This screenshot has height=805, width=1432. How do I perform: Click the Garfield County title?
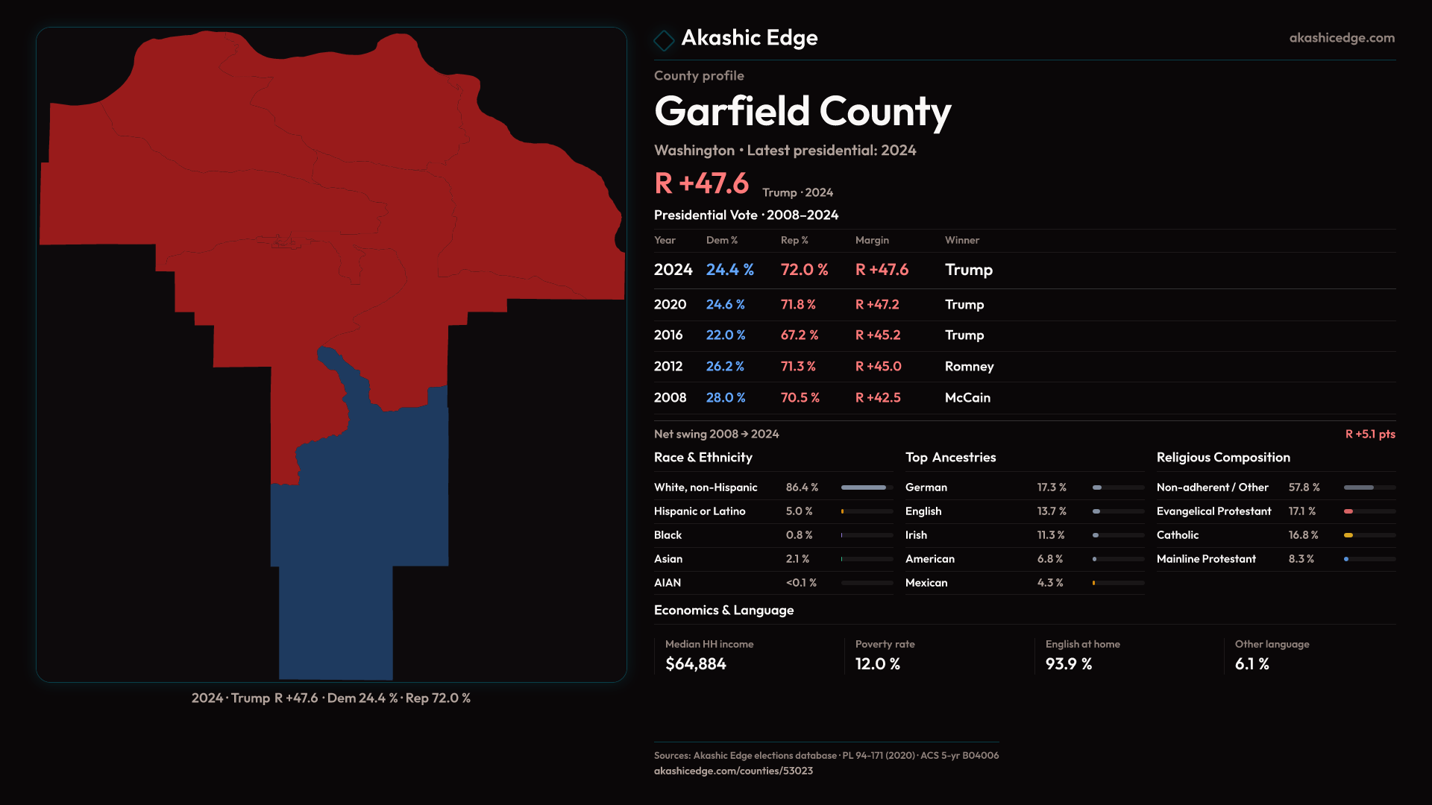pos(803,112)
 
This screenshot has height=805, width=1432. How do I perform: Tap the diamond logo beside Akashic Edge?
pos(663,40)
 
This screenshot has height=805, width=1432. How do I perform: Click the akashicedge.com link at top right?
pos(1341,38)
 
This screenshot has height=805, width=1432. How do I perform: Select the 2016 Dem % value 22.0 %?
pos(725,335)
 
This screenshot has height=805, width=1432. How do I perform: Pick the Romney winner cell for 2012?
pos(969,367)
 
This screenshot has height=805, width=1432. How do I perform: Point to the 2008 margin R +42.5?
pos(877,398)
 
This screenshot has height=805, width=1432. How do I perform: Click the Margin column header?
pos(872,240)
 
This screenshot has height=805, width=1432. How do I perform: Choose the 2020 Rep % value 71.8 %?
pos(797,305)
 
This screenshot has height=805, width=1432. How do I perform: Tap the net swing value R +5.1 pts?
pos(1369,434)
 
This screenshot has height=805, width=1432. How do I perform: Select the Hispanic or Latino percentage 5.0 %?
pos(799,511)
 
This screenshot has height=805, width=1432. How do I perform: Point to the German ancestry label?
pos(926,487)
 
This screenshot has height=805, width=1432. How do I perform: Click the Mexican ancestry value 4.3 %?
pos(1049,583)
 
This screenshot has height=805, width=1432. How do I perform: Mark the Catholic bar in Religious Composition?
pos(1348,535)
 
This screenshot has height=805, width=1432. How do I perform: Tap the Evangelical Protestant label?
pos(1213,511)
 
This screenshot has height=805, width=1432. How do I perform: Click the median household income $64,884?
pos(695,664)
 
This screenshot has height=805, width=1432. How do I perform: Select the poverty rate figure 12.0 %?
pos(877,664)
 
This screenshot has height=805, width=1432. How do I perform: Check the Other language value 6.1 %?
pos(1252,664)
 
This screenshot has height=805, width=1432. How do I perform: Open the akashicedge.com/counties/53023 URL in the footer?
pos(733,771)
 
